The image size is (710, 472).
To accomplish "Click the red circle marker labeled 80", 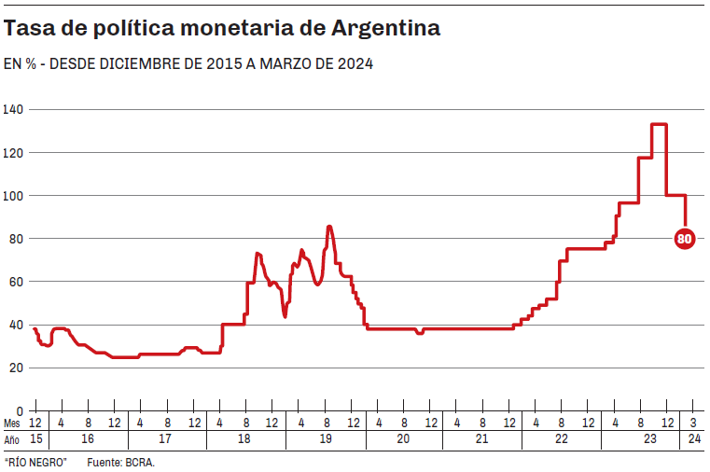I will pos(684,239).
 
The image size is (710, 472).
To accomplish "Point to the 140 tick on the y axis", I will pos(13,109).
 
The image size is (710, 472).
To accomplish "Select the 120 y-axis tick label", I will pos(13,152).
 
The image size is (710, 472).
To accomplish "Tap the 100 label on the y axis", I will pos(13,196).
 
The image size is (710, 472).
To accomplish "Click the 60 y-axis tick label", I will pos(16,282).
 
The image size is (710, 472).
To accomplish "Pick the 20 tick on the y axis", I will pos(16,368).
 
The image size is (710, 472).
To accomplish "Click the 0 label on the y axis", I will pos(20,410).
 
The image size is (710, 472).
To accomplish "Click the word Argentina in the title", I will pos(386,29).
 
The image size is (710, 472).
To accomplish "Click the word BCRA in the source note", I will pos(141,463).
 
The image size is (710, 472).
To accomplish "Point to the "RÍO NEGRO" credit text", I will pos(35,463).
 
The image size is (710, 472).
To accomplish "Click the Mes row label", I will pos(11,423).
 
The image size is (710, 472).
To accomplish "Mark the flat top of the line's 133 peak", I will pos(659,124).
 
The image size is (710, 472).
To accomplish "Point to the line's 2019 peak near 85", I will pos(329,227).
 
